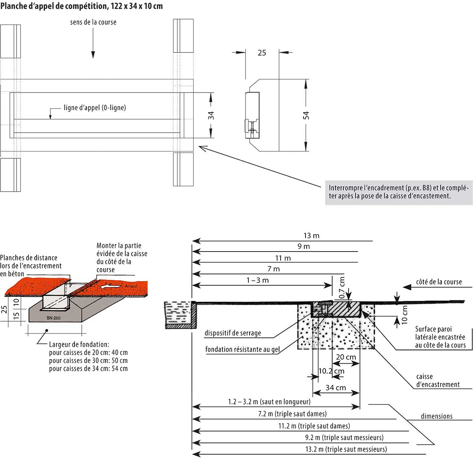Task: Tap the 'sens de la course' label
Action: tap(93, 22)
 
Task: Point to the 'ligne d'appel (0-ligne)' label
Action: tap(95, 108)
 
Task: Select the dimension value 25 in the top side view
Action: tap(262, 53)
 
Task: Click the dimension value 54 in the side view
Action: tap(306, 115)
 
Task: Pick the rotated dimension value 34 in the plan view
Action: tap(211, 115)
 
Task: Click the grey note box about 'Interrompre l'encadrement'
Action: tap(399, 192)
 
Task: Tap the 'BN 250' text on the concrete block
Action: tap(54, 318)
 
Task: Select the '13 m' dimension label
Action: tap(311, 236)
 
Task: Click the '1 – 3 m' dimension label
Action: tap(257, 280)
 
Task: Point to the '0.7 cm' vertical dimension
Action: tap(342, 287)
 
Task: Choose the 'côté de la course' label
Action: tap(439, 282)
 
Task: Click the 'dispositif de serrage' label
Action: tap(233, 333)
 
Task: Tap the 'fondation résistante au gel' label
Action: tap(242, 350)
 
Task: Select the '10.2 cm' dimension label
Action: tap(331, 371)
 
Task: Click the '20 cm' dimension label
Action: tap(346, 357)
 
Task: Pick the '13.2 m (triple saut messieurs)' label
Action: tap(346, 449)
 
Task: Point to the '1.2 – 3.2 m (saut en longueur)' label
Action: tap(269, 402)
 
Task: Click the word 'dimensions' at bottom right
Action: tap(436, 416)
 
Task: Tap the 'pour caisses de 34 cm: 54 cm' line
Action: tap(88, 369)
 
